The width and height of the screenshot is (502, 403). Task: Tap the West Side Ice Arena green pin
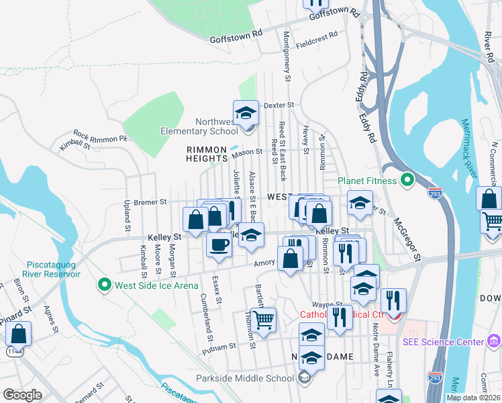pyautogui.click(x=104, y=285)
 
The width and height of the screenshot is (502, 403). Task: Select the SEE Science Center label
pyautogui.click(x=443, y=342)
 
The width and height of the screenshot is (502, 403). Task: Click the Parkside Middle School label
pyautogui.click(x=245, y=377)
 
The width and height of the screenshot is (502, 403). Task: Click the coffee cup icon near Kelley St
pyautogui.click(x=218, y=245)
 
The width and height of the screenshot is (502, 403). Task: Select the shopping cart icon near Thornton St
pyautogui.click(x=263, y=320)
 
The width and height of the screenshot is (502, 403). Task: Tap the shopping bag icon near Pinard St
pyautogui.click(x=19, y=334)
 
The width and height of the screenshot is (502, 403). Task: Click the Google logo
pyautogui.click(x=22, y=395)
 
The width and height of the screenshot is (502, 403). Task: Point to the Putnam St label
pyautogui.click(x=222, y=347)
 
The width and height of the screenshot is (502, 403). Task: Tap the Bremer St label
pyautogui.click(x=149, y=201)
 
